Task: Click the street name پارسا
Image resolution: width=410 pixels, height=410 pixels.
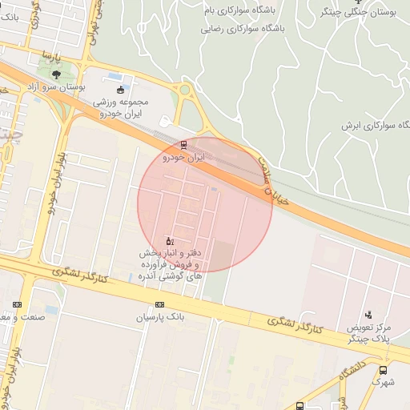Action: click(x=51, y=58)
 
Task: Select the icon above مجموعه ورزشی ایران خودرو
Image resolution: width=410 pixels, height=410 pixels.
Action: click(x=120, y=90)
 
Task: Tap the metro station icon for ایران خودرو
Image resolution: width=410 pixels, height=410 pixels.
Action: click(x=184, y=145)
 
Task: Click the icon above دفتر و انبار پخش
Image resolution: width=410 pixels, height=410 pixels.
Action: click(x=169, y=241)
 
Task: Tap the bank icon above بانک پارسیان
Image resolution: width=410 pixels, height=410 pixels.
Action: click(x=159, y=304)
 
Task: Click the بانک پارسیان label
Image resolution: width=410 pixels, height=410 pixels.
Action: click(x=159, y=318)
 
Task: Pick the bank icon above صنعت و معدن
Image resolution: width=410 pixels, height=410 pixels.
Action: click(x=18, y=304)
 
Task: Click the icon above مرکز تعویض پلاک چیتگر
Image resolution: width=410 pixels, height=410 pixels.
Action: click(x=368, y=315)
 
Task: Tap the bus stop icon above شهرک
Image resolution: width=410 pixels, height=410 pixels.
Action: click(x=384, y=370)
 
